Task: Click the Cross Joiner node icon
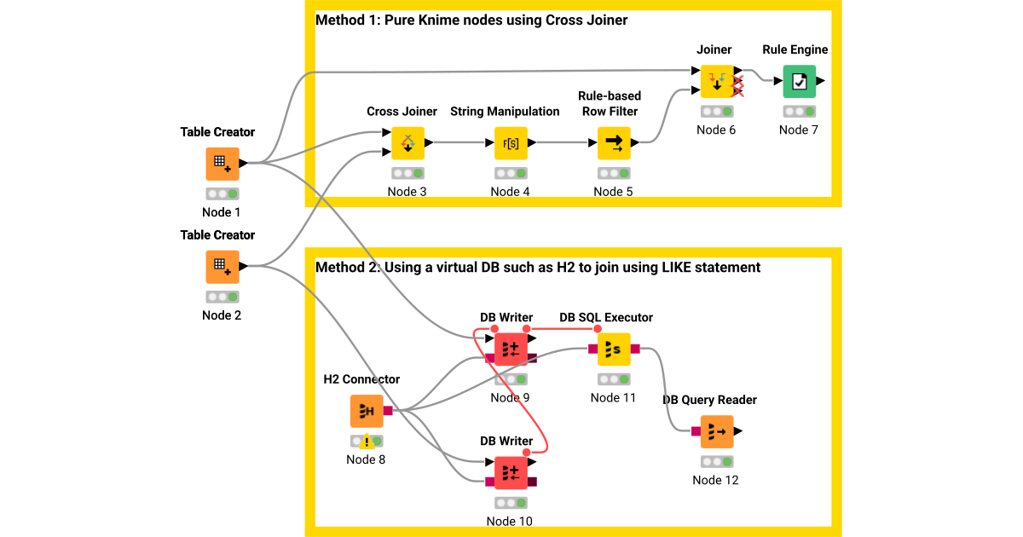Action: point(407,142)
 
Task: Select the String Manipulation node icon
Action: point(511,142)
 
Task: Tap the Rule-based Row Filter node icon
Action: point(614,142)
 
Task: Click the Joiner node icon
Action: point(717,81)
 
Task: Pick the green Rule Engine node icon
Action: point(799,81)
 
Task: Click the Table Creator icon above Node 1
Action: point(222,164)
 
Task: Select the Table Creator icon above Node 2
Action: point(222,267)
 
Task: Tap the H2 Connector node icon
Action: point(367,411)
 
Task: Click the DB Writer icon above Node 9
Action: point(511,349)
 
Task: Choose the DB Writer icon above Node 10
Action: point(511,472)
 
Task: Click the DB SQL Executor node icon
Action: point(614,349)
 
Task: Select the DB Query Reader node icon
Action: point(716,431)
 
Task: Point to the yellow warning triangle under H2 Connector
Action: point(367,442)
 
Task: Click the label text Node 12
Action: point(715,480)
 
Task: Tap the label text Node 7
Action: point(799,130)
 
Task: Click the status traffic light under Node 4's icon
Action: point(511,173)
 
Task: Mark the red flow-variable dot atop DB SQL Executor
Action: point(597,328)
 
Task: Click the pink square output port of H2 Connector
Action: point(388,411)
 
